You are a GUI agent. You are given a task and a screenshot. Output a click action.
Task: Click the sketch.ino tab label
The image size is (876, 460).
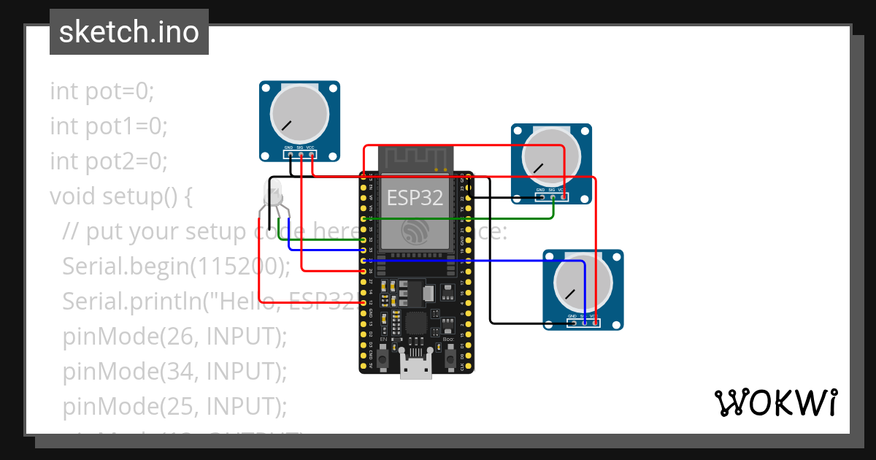click(128, 32)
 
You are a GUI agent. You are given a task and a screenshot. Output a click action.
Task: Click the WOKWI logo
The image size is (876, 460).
click(775, 402)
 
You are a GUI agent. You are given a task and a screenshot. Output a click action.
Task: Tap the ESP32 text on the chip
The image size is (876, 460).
click(415, 197)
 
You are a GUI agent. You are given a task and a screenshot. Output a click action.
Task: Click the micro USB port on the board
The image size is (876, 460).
click(416, 369)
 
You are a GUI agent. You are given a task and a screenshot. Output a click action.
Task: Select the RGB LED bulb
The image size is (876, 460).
click(274, 195)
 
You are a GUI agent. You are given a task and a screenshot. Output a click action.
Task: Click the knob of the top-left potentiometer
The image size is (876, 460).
click(299, 115)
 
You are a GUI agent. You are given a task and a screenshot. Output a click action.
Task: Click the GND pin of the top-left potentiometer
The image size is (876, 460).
click(289, 155)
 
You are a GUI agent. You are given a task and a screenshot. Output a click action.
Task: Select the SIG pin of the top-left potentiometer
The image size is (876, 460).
click(300, 155)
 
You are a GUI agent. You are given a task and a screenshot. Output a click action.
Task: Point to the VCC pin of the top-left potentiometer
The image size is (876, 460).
click(311, 155)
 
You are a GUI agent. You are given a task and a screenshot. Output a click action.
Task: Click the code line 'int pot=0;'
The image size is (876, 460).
click(102, 92)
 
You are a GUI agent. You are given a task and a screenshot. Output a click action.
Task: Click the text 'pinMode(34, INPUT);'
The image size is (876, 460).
click(174, 372)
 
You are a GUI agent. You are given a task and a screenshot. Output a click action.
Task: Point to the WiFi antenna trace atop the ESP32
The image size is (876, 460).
click(415, 156)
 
